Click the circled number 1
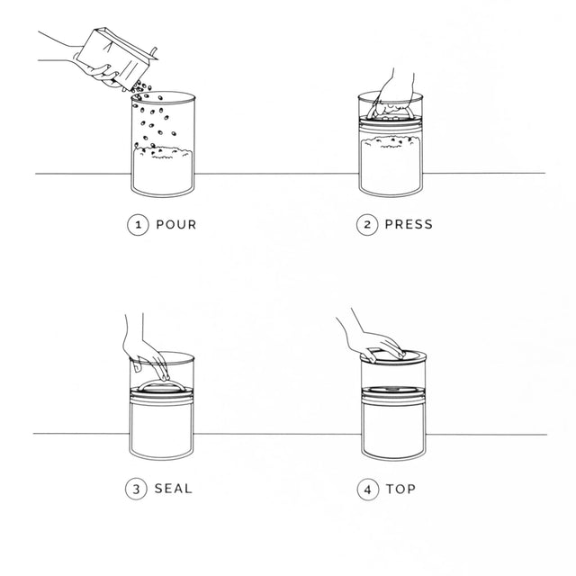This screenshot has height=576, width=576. coord(138,225)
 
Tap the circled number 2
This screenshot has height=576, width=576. coord(367,224)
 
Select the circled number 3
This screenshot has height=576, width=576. coord(136,489)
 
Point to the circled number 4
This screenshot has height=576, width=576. coord(368,490)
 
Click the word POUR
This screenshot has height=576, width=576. coord(176,224)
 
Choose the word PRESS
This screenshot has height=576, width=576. coord(409,224)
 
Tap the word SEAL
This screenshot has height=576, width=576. coord(174,489)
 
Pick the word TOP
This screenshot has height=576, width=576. coord(400,489)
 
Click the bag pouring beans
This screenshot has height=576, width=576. coord(117,58)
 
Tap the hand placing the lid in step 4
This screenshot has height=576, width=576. coord(371,337)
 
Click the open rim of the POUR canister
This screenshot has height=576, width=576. coord(163,97)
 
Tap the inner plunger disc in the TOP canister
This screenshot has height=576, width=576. coord(393,390)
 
